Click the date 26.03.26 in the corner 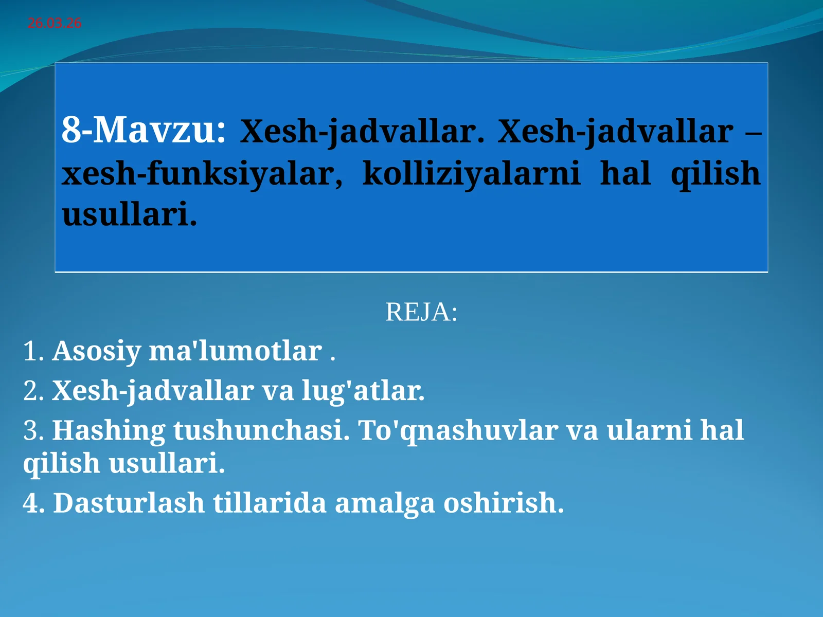[55, 23]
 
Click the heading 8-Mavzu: [144, 130]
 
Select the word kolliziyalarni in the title [471, 173]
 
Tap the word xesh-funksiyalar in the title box [202, 174]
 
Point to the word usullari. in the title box [129, 214]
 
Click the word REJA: [421, 312]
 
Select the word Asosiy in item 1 [96, 351]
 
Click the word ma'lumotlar [235, 351]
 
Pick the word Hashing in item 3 [109, 430]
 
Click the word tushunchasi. [261, 430]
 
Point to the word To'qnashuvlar [458, 430]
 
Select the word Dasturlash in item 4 [129, 503]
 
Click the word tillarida [270, 503]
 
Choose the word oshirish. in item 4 [504, 503]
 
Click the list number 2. [32, 391]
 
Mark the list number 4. [32, 503]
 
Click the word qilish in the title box [715, 174]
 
